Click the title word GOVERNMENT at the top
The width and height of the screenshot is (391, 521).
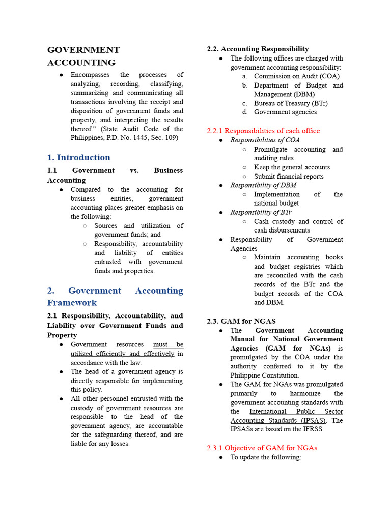pyautogui.click(x=83, y=50)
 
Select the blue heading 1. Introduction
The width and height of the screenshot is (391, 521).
pyautogui.click(x=79, y=157)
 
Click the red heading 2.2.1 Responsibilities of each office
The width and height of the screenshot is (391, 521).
pyautogui.click(x=263, y=131)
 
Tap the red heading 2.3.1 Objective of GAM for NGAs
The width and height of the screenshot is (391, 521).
pyautogui.click(x=262, y=448)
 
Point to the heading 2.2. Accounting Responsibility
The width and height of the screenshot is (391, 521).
pyautogui.click(x=258, y=49)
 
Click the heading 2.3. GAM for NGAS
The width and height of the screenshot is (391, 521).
pyautogui.click(x=241, y=321)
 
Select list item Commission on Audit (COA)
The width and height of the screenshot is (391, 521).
pyautogui.click(x=296, y=76)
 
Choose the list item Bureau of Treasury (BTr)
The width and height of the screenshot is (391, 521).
pyautogui.click(x=291, y=103)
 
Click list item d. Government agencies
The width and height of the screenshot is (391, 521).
pyautogui.click(x=285, y=112)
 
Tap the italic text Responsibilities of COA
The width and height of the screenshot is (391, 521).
pyautogui.click(x=265, y=140)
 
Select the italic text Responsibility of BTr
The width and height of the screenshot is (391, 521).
pyautogui.click(x=261, y=212)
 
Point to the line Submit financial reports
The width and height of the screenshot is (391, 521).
pyautogui.click(x=289, y=177)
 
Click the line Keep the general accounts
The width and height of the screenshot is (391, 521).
pyautogui.click(x=292, y=167)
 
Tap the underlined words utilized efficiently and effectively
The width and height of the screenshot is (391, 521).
pyautogui.click(x=122, y=354)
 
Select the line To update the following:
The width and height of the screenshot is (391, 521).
pyautogui.click(x=266, y=457)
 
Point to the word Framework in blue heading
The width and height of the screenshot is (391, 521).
pyautogui.click(x=72, y=303)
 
